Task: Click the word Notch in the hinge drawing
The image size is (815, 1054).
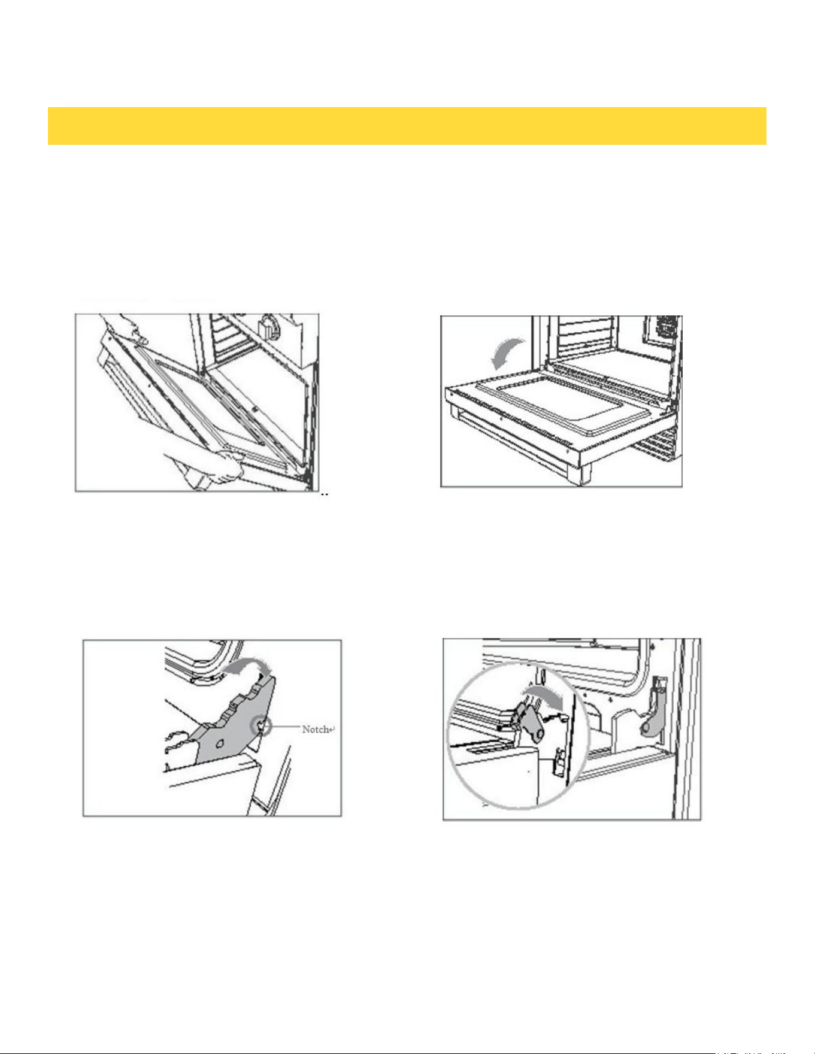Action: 316,729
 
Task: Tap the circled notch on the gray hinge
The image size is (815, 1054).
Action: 262,727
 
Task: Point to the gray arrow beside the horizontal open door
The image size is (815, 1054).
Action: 506,354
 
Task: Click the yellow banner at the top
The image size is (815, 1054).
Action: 407,126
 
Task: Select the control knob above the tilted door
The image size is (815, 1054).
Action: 268,328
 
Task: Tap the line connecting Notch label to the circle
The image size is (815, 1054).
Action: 287,728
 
